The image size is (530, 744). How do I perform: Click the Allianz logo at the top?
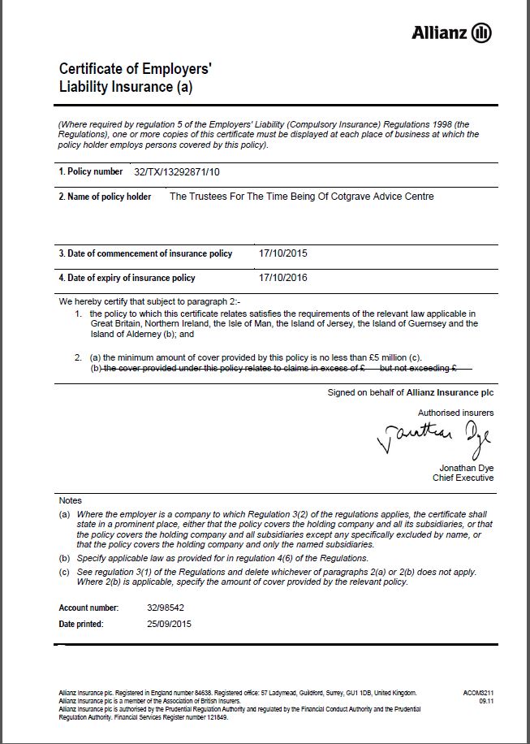point(451,32)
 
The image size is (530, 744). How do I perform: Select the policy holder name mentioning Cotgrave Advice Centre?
point(301,197)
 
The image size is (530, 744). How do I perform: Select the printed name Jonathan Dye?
point(467,468)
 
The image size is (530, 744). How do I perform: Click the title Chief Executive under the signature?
point(463,478)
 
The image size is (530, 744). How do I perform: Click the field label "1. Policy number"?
point(89,172)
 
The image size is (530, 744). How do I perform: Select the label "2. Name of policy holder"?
point(105,197)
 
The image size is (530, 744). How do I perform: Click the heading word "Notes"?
point(71,500)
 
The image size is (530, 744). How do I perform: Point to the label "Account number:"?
point(89,608)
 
